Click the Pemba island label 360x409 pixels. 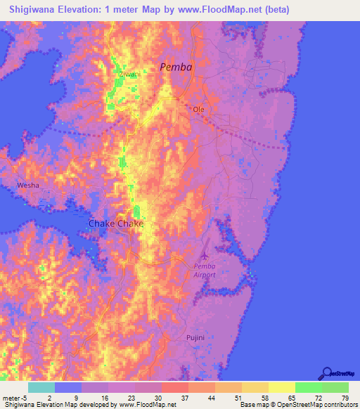pyautogui.click(x=175, y=67)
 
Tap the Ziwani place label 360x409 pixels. pyautogui.click(x=129, y=73)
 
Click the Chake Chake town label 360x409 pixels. pyautogui.click(x=116, y=223)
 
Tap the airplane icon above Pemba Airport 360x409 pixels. pyautogui.click(x=205, y=252)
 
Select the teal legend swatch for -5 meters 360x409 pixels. pyautogui.click(x=41, y=387)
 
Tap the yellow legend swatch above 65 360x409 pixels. pyautogui.click(x=281, y=387)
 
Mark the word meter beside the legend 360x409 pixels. pyautogui.click(x=12, y=397)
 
